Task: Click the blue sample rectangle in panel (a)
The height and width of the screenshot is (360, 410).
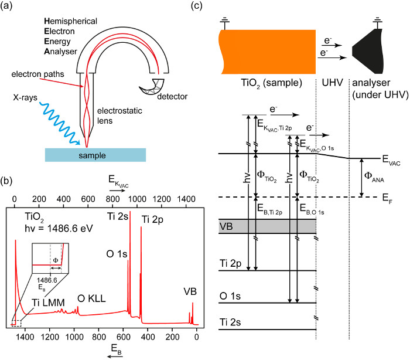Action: tap(95, 155)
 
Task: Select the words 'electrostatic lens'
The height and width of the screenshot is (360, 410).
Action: tap(119, 116)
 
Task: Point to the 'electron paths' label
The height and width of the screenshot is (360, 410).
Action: tap(37, 74)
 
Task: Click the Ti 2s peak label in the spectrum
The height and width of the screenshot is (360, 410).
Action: tap(117, 216)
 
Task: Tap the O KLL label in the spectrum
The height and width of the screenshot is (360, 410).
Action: tap(91, 298)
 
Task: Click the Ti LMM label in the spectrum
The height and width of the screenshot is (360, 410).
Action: tap(49, 303)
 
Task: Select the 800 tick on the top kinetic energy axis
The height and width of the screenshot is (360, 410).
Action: tap(112, 199)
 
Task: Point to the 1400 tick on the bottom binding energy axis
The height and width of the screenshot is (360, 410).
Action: tap(25, 337)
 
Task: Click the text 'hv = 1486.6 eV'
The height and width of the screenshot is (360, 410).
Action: tap(59, 229)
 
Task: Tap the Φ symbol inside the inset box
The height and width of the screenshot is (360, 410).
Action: tap(56, 260)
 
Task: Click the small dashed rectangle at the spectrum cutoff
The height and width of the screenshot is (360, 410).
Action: tap(16, 323)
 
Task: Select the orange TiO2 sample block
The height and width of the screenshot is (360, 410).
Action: tap(268, 52)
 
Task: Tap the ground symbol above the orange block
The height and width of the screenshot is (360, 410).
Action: tap(224, 23)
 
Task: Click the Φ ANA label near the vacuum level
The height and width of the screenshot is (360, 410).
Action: tap(374, 176)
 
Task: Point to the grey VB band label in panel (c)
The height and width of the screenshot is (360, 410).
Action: tap(226, 226)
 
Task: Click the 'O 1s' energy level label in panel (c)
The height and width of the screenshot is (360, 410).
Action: tap(230, 296)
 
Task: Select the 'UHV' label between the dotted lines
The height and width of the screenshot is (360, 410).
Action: tap(332, 83)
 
